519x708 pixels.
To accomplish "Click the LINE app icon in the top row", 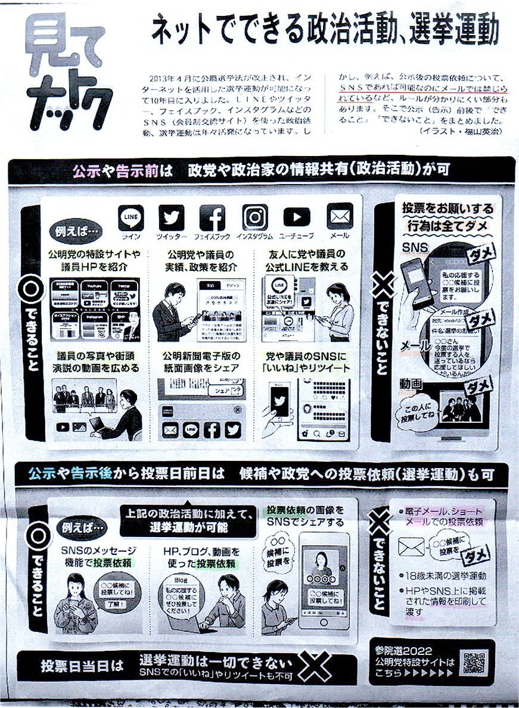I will coord(131,217).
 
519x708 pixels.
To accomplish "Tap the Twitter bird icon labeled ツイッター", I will coord(172,217).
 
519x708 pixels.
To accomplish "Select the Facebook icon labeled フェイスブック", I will coord(213,217).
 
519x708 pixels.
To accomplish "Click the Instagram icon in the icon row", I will coord(254,217).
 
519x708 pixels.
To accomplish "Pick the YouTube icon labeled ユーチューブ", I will coord(297,217).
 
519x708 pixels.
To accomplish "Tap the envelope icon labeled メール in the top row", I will coord(340,216).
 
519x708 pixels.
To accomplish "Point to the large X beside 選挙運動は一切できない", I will coord(315,666).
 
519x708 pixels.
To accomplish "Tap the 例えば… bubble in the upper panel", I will coord(76,230).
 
